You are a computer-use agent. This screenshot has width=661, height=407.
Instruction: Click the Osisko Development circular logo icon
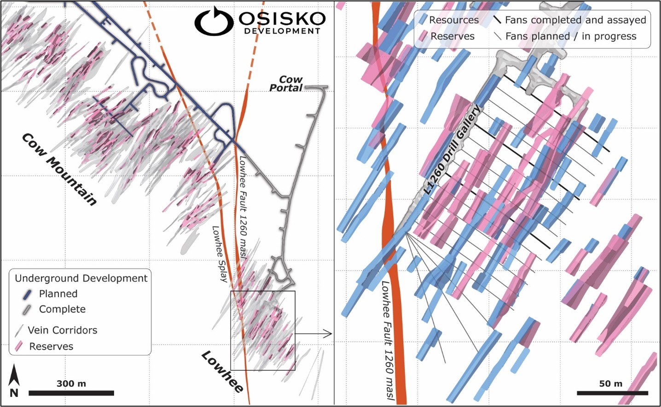click(x=213, y=21)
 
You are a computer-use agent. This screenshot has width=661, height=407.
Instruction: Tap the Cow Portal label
click(x=287, y=84)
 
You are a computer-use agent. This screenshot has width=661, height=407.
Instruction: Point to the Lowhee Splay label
click(x=220, y=254)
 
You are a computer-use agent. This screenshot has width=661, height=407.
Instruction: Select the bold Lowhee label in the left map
click(x=222, y=372)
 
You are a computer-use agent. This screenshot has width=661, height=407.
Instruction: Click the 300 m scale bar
click(x=71, y=393)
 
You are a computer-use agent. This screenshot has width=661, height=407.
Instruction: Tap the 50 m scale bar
click(x=612, y=393)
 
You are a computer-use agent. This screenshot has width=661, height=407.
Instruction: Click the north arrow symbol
click(x=14, y=380)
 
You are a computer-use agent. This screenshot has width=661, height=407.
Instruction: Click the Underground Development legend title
click(x=81, y=278)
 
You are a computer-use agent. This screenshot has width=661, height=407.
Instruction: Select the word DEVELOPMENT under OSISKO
click(x=282, y=31)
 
